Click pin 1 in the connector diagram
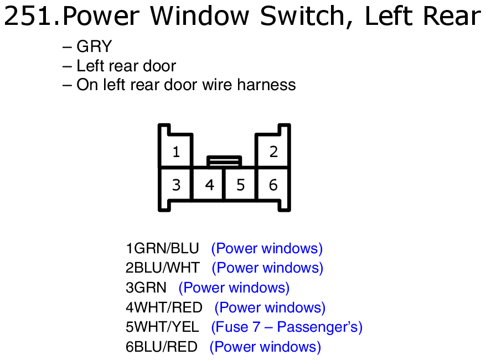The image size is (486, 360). (176, 152)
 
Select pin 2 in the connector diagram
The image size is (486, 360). (273, 152)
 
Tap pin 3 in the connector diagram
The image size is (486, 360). (176, 185)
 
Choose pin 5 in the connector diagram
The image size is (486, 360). (241, 185)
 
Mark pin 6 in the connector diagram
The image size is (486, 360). (273, 185)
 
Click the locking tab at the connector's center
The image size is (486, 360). (224, 161)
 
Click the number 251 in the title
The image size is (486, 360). (28, 16)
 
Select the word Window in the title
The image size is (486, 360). (200, 16)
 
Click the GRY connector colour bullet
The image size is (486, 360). (87, 46)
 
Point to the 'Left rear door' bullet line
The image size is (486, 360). (120, 66)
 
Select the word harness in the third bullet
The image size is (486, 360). (266, 85)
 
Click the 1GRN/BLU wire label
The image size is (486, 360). (162, 248)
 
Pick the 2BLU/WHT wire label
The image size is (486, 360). (162, 268)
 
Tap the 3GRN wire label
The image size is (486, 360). (146, 288)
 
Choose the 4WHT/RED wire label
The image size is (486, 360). (164, 307)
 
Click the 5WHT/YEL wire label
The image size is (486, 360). (162, 327)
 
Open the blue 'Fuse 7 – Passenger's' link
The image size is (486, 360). (287, 327)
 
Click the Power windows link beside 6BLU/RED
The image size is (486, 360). (265, 347)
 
